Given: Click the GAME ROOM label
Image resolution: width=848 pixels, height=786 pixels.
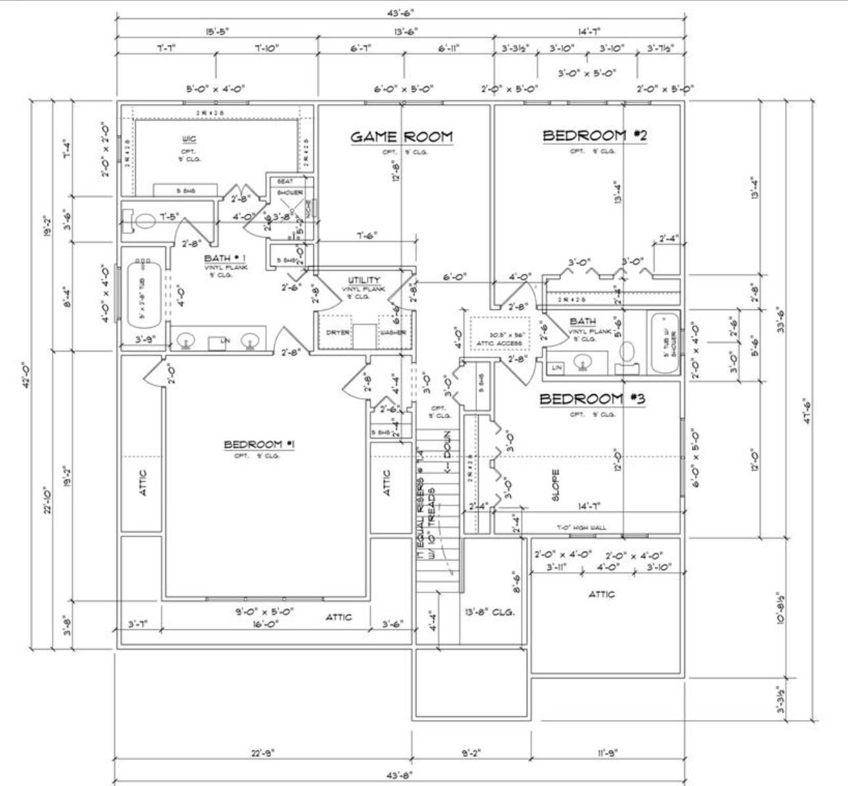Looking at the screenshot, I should (x=401, y=137).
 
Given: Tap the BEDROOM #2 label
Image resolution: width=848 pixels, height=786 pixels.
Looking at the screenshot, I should (x=595, y=136).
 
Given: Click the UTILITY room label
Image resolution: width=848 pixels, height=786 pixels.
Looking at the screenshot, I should (x=364, y=281).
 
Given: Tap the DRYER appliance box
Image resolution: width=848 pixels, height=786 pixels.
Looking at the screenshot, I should (x=337, y=332).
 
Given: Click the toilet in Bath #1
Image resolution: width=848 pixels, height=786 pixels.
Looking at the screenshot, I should (x=140, y=221).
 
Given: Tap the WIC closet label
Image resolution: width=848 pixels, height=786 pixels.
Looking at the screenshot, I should (x=188, y=140).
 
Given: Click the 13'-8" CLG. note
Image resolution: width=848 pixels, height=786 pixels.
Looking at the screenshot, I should (x=490, y=612).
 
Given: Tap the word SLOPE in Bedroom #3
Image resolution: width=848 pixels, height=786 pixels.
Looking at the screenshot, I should (x=556, y=485).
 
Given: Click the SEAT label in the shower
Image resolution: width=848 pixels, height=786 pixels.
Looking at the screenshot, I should (x=284, y=181).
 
